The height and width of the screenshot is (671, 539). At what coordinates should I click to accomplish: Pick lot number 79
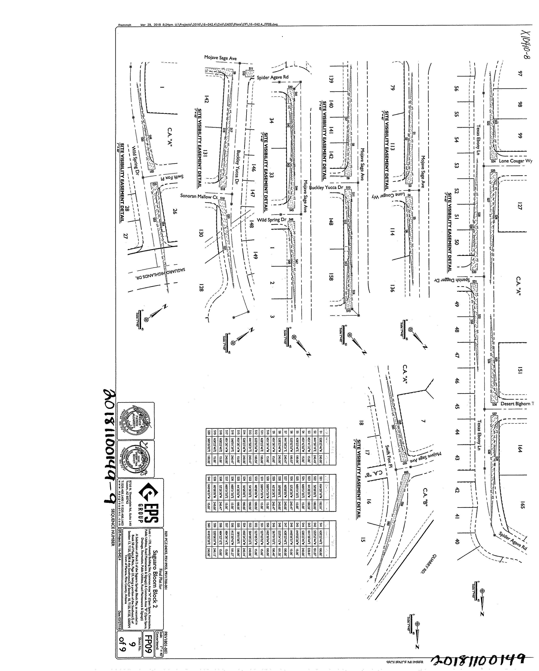[392, 88]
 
